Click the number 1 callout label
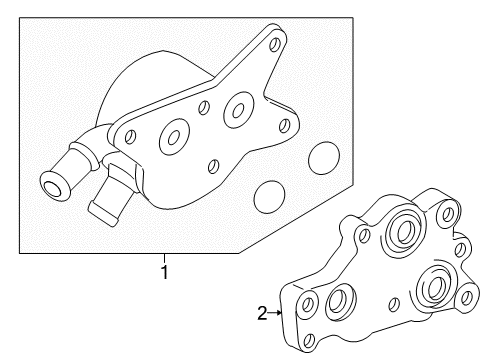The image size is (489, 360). (165, 271)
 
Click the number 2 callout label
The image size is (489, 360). (262, 314)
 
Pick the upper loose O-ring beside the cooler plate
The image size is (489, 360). (324, 157)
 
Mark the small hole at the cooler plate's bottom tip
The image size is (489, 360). (211, 166)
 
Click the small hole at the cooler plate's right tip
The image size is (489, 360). (286, 125)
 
